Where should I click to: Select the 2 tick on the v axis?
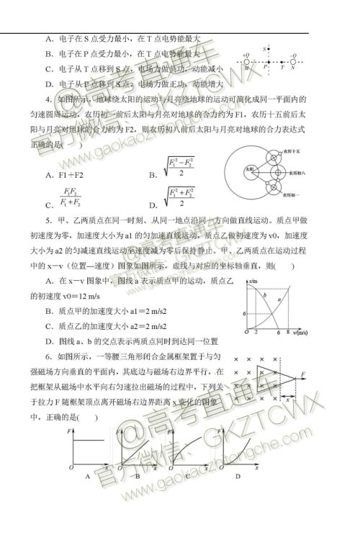(x=256, y=333)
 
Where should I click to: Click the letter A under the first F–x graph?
(x=86, y=476)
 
